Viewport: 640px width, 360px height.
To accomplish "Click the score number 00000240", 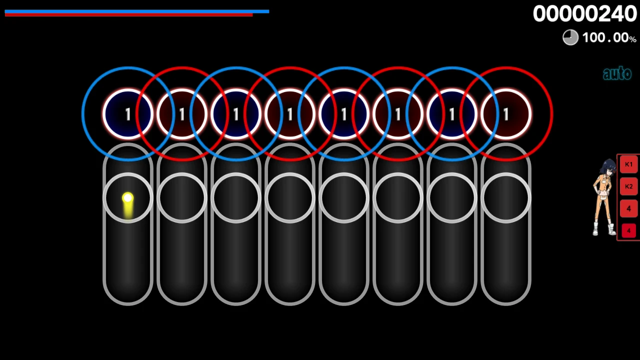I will coord(584,14).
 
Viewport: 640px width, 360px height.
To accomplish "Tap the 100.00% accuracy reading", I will coord(608,38).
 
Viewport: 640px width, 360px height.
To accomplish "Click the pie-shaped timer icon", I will coord(570,37).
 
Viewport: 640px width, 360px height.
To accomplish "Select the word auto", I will coord(617,74).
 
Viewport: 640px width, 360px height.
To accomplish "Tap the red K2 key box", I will coord(628,186).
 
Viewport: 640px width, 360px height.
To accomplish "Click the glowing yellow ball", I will coord(127,198).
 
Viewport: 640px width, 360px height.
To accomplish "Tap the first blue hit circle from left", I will coord(127,114).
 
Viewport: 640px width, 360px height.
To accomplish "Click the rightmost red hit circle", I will coord(505,114).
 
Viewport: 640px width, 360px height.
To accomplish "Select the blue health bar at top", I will coord(137,11).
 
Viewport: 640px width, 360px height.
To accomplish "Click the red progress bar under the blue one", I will coord(128,15).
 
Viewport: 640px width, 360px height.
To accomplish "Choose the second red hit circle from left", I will coord(289,114).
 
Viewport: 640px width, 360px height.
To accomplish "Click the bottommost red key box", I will coord(628,231).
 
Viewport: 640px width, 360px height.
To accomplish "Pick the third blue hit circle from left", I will coord(343,114).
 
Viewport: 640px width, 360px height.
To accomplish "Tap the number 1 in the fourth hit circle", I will coord(289,114).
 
